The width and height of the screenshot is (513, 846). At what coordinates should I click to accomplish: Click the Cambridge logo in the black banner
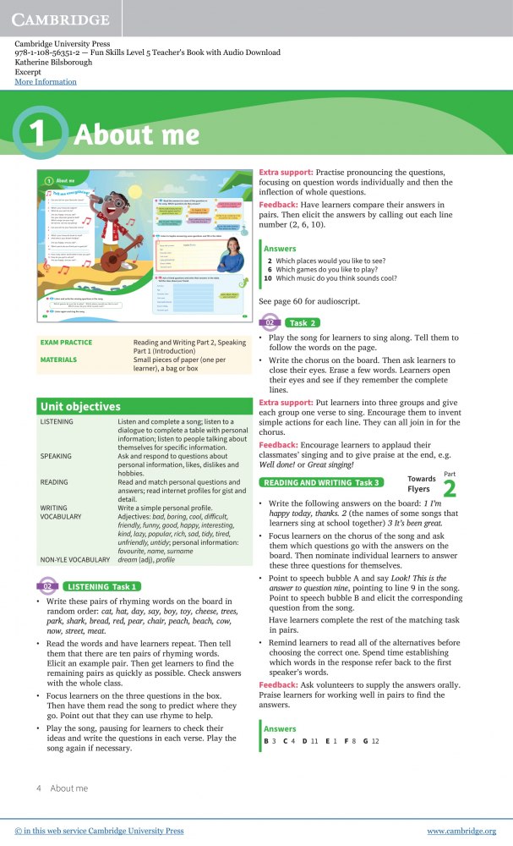pyautogui.click(x=61, y=19)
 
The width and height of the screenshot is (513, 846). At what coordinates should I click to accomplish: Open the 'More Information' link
pyautogui.click(x=46, y=82)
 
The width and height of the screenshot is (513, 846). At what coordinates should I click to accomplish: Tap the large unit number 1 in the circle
pyautogui.click(x=42, y=134)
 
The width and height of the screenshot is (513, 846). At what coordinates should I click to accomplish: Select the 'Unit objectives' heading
pyautogui.click(x=80, y=407)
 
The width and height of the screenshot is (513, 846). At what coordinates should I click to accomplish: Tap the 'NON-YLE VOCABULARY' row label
pyautogui.click(x=75, y=559)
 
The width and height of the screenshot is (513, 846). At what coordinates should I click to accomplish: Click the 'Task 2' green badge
pyautogui.click(x=291, y=322)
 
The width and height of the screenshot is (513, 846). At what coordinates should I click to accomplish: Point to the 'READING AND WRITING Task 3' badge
pyautogui.click(x=320, y=482)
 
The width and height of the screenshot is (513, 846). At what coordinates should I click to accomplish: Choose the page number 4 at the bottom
pyautogui.click(x=39, y=788)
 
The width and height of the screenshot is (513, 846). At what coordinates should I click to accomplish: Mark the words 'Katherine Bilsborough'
pyautogui.click(x=52, y=63)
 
